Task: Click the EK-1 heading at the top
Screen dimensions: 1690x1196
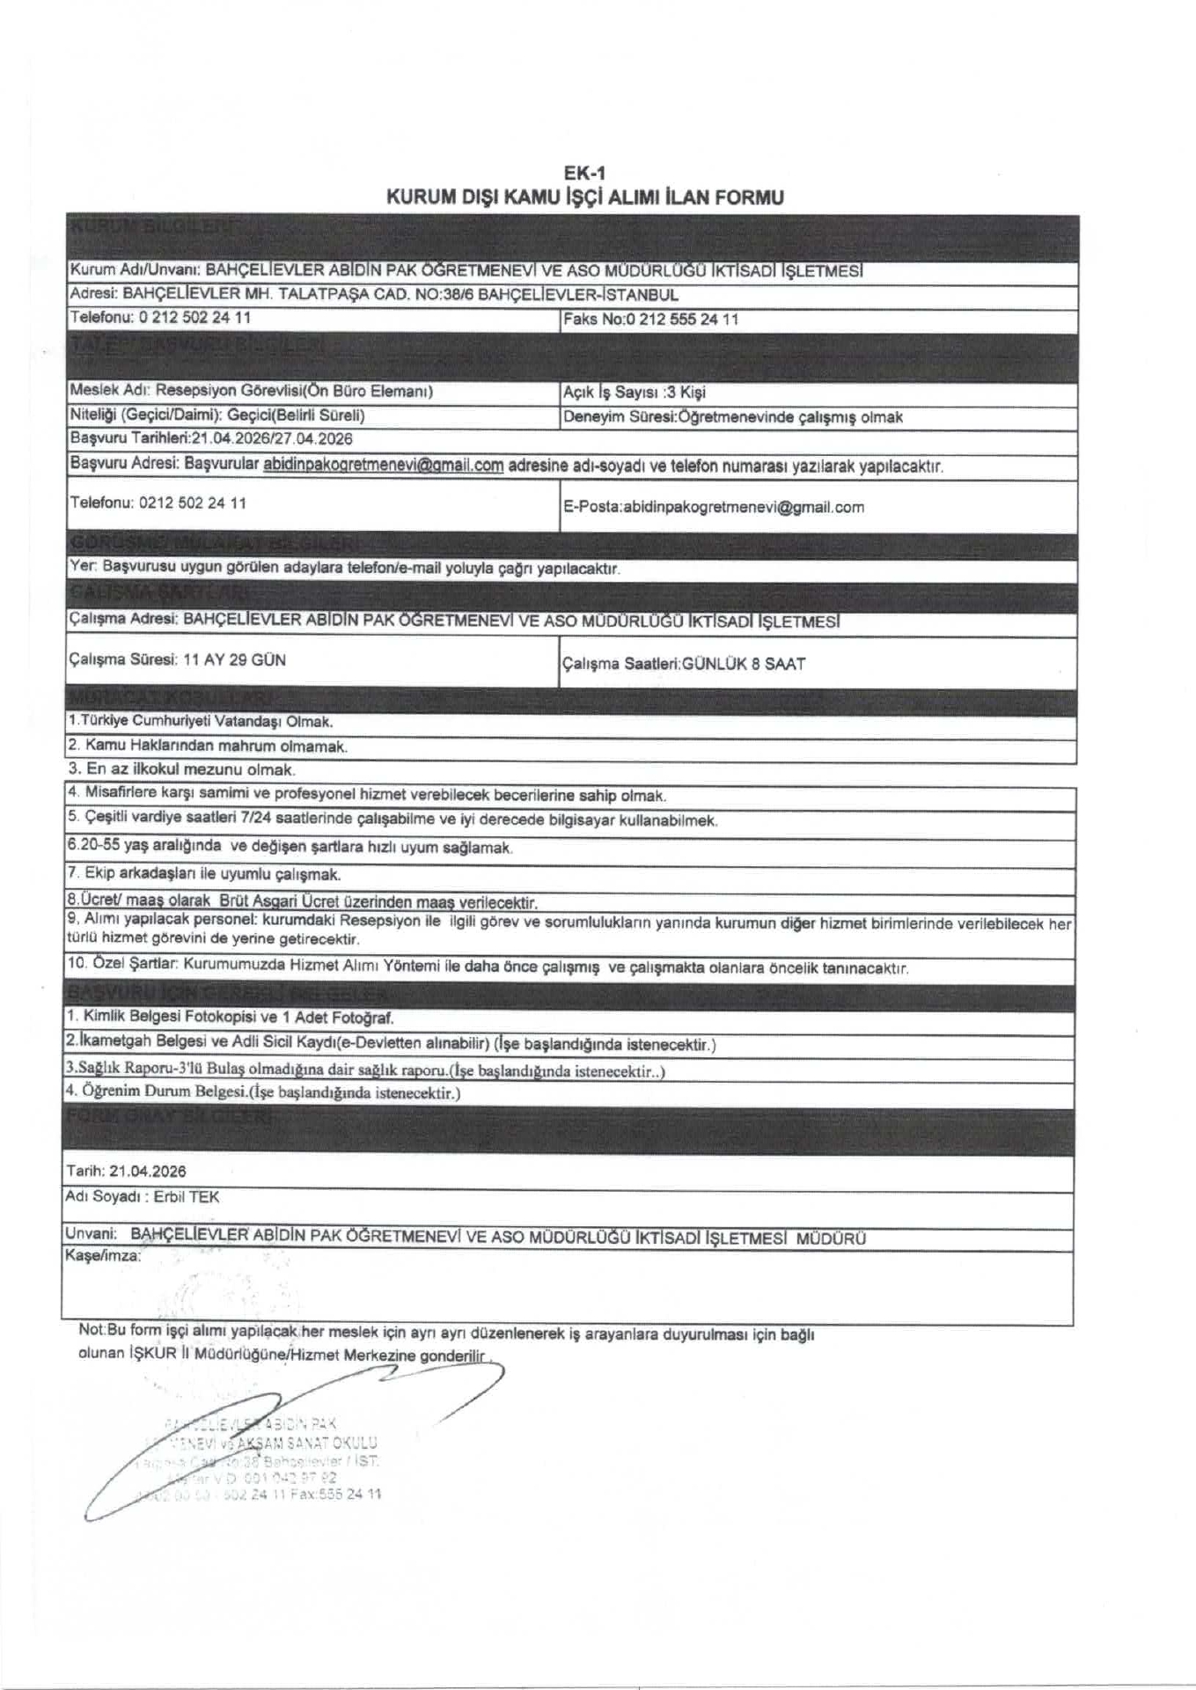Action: (584, 173)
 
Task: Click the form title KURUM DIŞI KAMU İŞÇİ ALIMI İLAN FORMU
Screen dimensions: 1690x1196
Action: (584, 197)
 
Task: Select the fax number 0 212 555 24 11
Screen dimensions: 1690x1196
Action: (681, 320)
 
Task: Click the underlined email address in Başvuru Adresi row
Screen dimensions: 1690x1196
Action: (383, 466)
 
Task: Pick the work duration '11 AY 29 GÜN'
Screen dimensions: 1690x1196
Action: (234, 660)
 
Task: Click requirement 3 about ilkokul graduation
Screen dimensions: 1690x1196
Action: (181, 769)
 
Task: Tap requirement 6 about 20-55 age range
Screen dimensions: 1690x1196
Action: (290, 847)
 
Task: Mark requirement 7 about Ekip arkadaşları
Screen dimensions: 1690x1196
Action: (204, 874)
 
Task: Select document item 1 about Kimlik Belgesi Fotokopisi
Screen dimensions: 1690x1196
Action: (231, 1018)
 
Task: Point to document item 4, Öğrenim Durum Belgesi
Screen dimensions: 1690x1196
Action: (263, 1092)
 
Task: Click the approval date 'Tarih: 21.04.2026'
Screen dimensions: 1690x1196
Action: (126, 1172)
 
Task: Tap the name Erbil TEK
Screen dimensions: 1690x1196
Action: (187, 1197)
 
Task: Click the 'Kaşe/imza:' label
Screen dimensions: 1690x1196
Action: (102, 1256)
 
